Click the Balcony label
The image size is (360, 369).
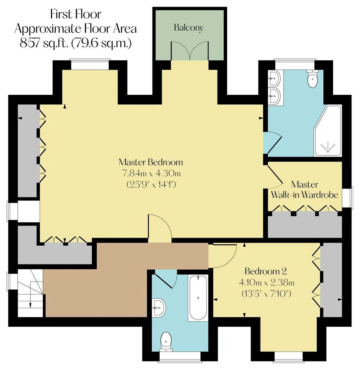(x=189, y=28)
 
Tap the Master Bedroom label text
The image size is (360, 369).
(x=151, y=162)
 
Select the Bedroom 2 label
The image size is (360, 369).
(x=266, y=271)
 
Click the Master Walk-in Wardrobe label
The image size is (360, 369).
(x=305, y=189)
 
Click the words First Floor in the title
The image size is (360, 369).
(x=76, y=14)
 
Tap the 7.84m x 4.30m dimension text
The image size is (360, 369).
(x=151, y=174)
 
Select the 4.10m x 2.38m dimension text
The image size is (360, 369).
(x=267, y=282)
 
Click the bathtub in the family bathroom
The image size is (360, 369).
(x=198, y=298)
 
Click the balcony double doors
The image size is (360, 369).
(x=189, y=51)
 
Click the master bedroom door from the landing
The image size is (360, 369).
(x=159, y=228)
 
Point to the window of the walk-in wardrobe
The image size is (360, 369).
(x=347, y=198)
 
